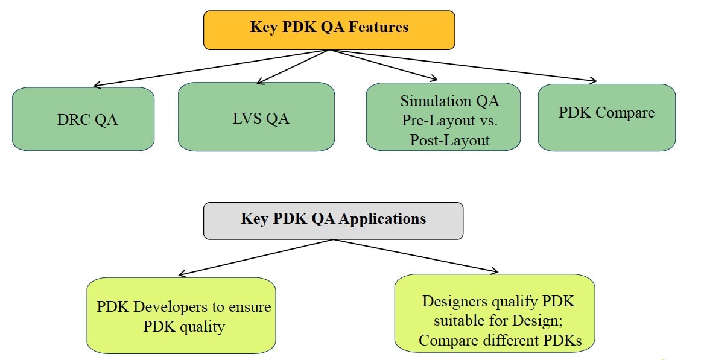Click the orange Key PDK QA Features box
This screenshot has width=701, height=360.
pyautogui.click(x=329, y=30)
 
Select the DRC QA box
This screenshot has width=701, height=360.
pyautogui.click(x=83, y=119)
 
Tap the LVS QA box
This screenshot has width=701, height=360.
pyautogui.click(x=256, y=116)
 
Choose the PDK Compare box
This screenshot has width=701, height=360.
pyautogui.click(x=607, y=118)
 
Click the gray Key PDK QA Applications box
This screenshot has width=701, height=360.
pyautogui.click(x=333, y=221)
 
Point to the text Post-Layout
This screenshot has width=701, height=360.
pyautogui.click(x=450, y=141)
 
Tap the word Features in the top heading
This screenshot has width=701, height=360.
pyautogui.click(x=378, y=27)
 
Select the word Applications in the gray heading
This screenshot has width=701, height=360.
pyautogui.click(x=382, y=219)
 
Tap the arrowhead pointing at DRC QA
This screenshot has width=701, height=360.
pyautogui.click(x=96, y=84)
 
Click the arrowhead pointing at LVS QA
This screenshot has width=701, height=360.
pyautogui.click(x=260, y=81)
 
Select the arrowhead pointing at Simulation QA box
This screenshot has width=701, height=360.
pyautogui.click(x=433, y=78)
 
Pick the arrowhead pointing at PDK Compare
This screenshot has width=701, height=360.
pyautogui.click(x=593, y=80)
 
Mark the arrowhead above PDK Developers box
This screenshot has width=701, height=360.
pyautogui.click(x=182, y=274)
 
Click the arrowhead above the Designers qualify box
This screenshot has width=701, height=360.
pyautogui.click(x=494, y=270)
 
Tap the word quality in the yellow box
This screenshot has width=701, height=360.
pyautogui.click(x=202, y=327)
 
